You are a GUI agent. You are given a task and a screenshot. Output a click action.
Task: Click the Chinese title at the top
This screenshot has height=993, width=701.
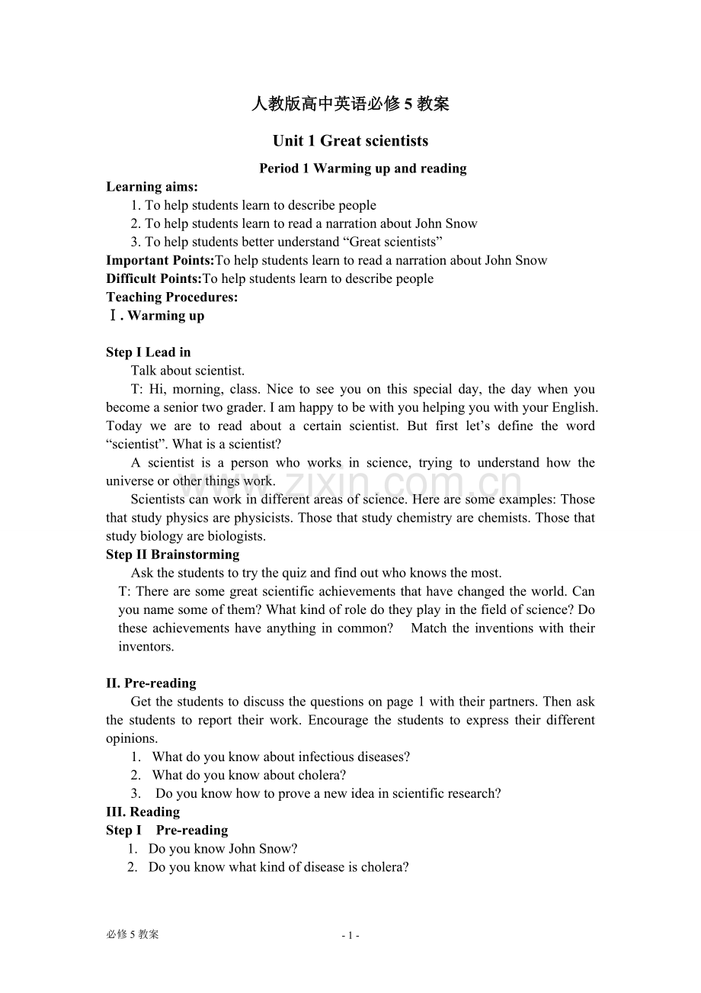point(350,104)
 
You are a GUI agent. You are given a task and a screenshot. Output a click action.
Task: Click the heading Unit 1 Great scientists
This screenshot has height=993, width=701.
point(350,141)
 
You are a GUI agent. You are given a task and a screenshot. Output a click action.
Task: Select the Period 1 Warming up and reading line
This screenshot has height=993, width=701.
point(363,169)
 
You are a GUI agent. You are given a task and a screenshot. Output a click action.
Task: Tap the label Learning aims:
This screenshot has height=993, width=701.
point(152,187)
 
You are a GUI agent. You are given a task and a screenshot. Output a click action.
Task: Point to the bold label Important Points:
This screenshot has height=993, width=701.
point(160,260)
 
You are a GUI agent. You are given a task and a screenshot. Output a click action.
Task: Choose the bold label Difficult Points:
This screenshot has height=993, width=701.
point(153,278)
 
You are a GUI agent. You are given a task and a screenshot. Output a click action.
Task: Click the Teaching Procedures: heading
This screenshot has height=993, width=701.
point(171,297)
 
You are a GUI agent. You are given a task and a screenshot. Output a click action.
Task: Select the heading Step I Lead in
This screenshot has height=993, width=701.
point(148,352)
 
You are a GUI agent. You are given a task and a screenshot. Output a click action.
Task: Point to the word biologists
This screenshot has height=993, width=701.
point(234,536)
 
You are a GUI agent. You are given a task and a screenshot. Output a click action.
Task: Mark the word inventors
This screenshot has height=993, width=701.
point(146,647)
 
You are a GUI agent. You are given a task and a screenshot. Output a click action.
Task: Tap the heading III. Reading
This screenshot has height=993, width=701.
point(142,811)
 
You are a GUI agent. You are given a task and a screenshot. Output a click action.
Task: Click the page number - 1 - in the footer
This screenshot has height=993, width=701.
point(350,936)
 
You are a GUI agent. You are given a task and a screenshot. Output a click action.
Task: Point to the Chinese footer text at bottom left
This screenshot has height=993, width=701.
point(133,935)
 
